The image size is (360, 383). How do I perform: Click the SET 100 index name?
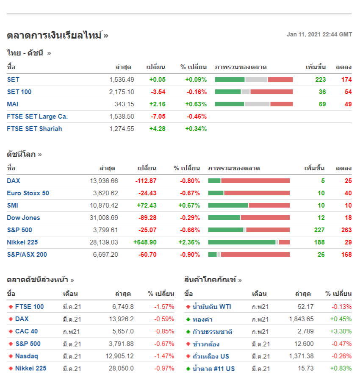(x=19, y=92)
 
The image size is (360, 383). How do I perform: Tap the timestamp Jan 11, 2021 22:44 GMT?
(x=319, y=35)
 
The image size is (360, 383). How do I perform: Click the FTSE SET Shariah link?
(x=34, y=129)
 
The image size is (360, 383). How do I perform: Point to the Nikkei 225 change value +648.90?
(x=145, y=242)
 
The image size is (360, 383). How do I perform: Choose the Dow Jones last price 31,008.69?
(x=104, y=218)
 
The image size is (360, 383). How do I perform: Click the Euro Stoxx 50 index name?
(x=28, y=193)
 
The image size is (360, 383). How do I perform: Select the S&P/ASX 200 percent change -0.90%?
(x=190, y=255)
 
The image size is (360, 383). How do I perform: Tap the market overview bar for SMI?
(x=249, y=205)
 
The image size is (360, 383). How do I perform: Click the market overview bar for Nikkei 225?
(x=249, y=242)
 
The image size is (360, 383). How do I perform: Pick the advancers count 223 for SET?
(x=321, y=80)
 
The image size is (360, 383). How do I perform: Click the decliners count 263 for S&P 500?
(x=346, y=230)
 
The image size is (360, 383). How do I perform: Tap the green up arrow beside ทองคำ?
(x=188, y=319)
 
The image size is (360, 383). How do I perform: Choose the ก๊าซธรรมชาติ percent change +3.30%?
(x=341, y=332)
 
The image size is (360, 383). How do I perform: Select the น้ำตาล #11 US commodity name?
(x=213, y=369)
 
